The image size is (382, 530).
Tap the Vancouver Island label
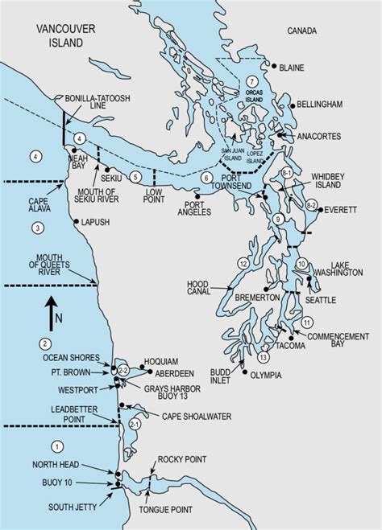(x=59, y=36)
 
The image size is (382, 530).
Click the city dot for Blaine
(x=274, y=67)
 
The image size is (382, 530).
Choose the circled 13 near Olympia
(x=264, y=356)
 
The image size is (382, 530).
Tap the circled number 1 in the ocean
(x=56, y=446)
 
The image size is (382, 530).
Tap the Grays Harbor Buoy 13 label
(x=173, y=393)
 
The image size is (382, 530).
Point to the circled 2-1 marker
(x=135, y=424)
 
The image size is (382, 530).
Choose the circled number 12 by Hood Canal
(x=243, y=263)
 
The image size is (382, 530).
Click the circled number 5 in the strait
(x=137, y=176)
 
